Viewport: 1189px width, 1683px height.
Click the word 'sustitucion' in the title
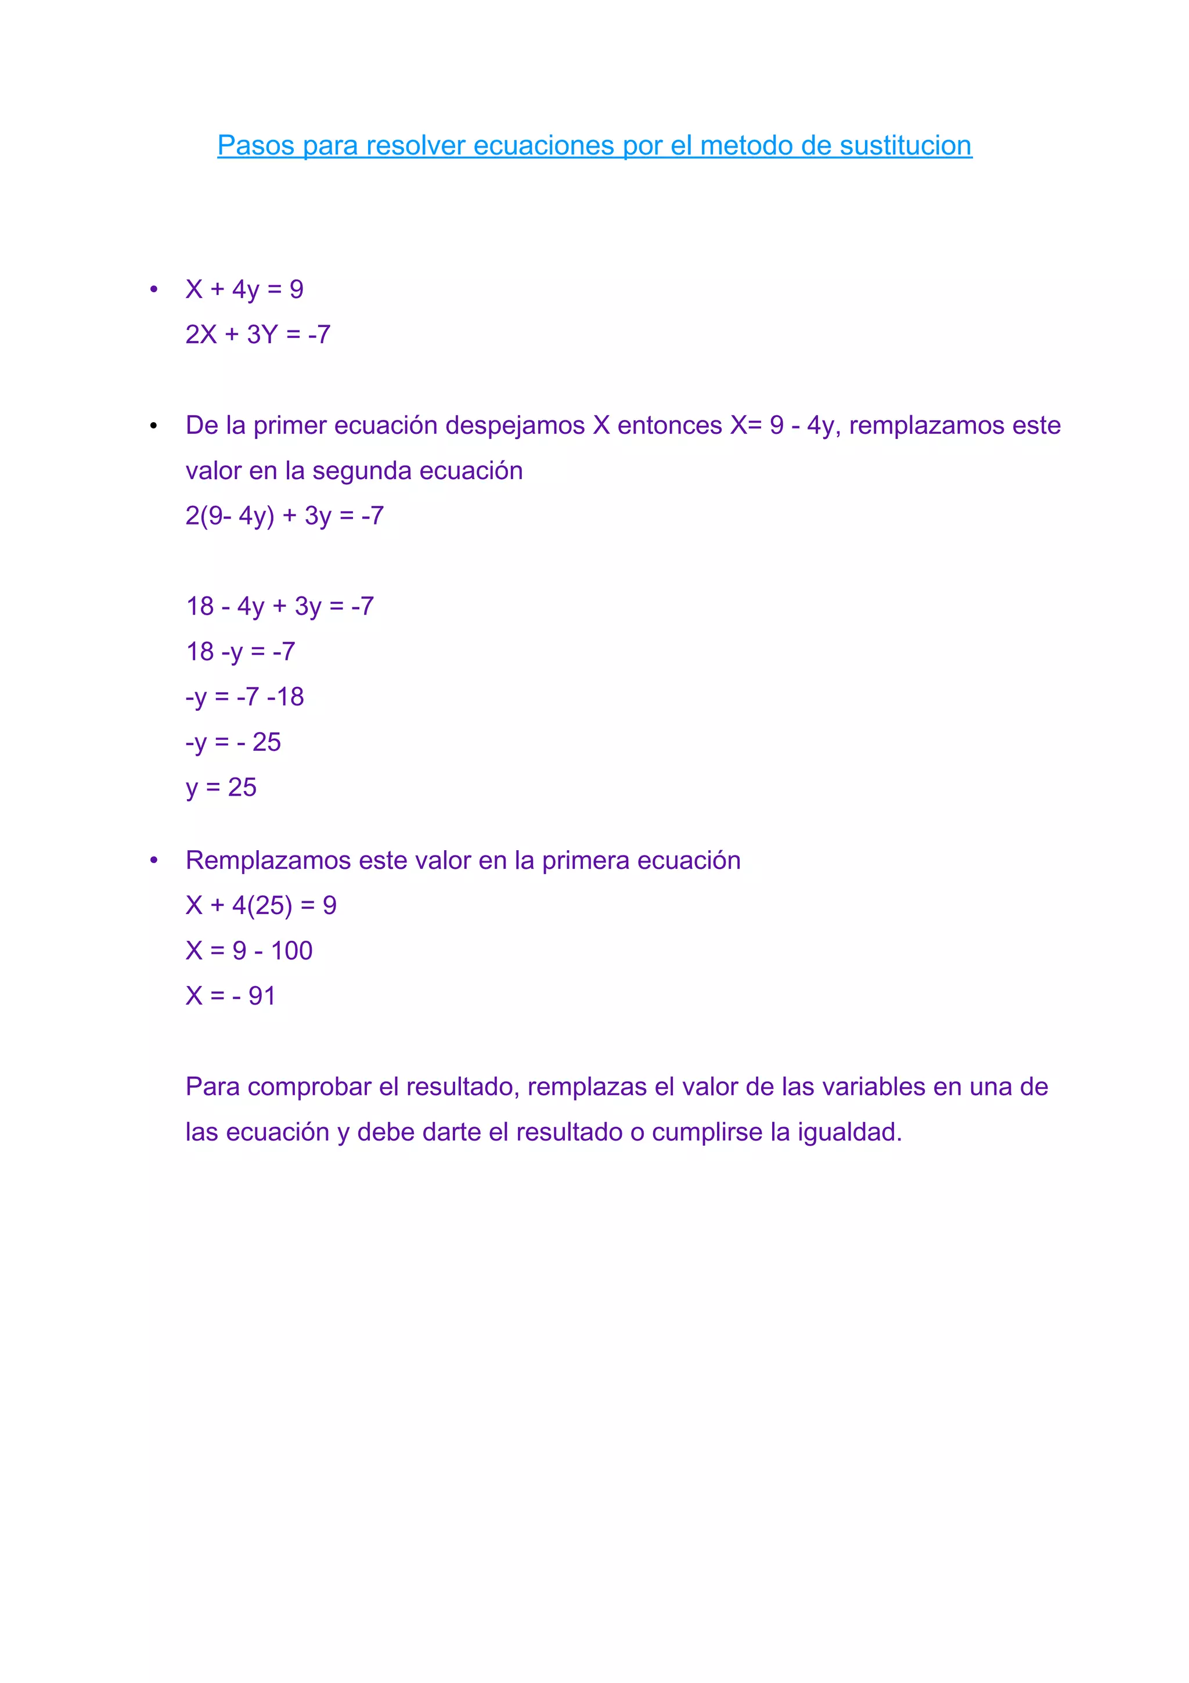tap(906, 145)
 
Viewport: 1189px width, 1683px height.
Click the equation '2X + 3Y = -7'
tap(258, 335)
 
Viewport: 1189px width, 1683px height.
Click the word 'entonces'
tap(669, 425)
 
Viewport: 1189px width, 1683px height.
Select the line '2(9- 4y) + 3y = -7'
tap(284, 516)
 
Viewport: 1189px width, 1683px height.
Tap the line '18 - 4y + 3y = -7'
tap(280, 606)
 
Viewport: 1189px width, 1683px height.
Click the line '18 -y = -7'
tap(240, 652)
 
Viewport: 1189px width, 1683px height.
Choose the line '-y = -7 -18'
tap(244, 697)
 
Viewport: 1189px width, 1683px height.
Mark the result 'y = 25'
tap(221, 787)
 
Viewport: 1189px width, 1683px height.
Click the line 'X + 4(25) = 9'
tap(261, 905)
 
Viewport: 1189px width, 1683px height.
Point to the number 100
tap(291, 951)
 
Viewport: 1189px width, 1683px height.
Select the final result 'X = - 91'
tap(230, 996)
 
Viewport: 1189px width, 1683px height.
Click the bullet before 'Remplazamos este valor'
tap(154, 861)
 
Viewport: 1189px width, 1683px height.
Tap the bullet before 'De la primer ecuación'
tap(154, 426)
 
